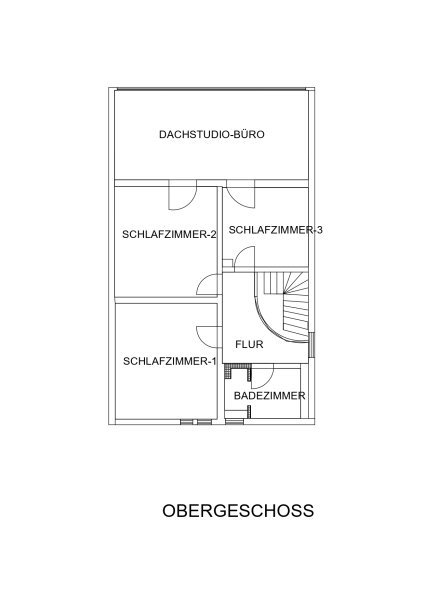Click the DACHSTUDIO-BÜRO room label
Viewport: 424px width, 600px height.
212,134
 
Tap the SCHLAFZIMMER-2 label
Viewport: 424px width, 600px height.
169,234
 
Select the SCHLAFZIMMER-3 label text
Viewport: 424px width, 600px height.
276,230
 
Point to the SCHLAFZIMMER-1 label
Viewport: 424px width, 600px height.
170,361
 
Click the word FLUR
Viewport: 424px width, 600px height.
250,344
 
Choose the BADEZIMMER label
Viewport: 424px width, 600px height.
269,396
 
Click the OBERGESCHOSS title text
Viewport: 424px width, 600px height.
238,511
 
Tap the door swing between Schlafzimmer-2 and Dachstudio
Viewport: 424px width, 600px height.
183,195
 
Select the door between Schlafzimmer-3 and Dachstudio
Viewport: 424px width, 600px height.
240,194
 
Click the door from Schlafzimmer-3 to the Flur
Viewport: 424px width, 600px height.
244,259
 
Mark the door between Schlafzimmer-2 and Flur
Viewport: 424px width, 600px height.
209,285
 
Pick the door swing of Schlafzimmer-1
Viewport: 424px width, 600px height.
209,337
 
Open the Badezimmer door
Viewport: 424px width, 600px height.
263,377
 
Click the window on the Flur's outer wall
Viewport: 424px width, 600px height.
311,344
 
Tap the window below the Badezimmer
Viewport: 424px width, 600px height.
234,422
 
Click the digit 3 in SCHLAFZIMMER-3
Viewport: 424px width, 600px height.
320,230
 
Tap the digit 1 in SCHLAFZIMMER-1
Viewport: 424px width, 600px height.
214,361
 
